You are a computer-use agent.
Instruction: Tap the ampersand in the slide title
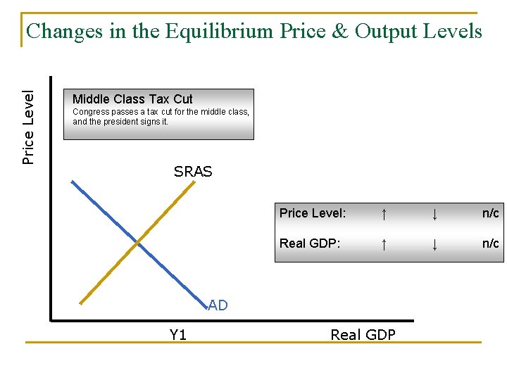(341, 32)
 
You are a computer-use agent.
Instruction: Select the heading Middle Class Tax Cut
(132, 99)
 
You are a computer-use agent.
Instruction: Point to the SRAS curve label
(193, 172)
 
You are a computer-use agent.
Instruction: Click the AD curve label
(218, 305)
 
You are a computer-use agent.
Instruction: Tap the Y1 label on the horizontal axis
(178, 335)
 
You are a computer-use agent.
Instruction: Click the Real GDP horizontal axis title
(363, 335)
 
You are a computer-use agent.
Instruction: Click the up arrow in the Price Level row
(383, 213)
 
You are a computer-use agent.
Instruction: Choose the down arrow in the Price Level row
(435, 213)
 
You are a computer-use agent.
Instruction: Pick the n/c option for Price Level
(490, 213)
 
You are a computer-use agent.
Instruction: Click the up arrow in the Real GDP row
(383, 243)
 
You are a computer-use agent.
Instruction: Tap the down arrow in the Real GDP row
(435, 243)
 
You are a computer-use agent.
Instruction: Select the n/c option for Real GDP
(490, 243)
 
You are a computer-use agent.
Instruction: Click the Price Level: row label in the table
(313, 213)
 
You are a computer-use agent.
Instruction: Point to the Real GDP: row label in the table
(310, 243)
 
